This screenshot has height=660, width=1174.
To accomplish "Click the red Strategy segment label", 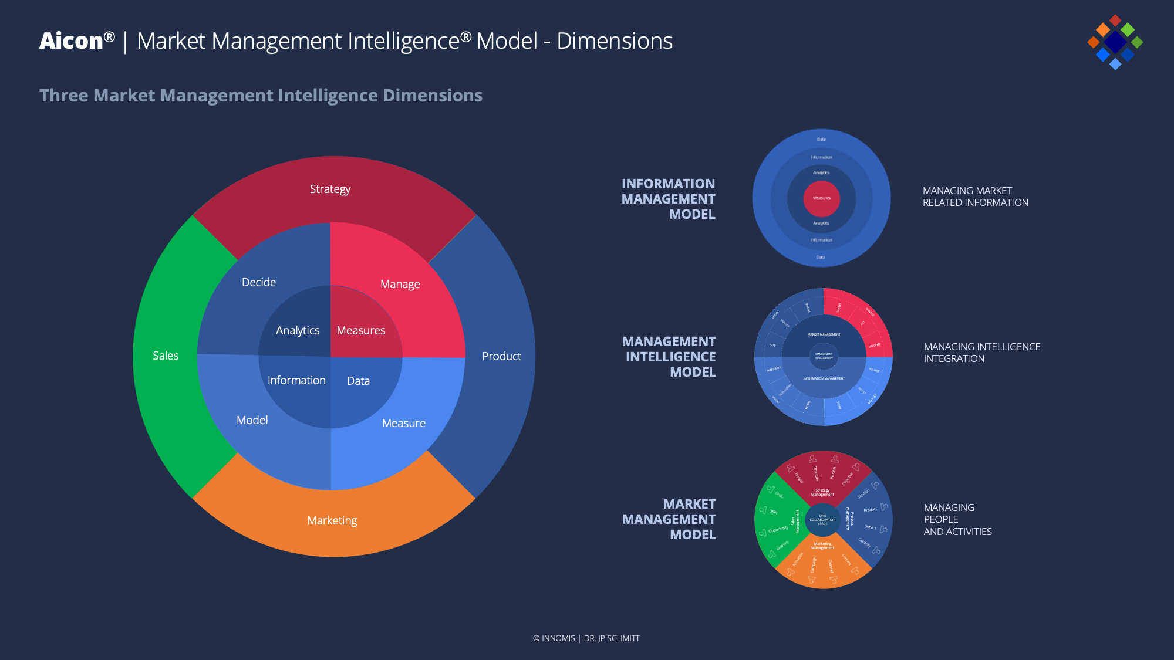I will pos(330,189).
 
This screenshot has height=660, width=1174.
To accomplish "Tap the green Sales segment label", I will pos(166,356).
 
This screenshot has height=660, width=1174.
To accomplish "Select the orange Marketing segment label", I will pos(332,520).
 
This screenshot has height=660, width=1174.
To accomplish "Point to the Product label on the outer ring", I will pos(501,356).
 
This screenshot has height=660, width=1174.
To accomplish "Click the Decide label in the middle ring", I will pos(259,282).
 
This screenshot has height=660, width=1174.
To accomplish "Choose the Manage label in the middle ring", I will pos(400,284).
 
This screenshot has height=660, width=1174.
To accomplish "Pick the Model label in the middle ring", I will pos(252,420).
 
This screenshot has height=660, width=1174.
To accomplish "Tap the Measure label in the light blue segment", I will pos(404,423).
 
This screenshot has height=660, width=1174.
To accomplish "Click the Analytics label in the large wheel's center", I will pos(298,330).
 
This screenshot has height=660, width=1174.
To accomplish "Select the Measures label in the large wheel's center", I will pos(361,330).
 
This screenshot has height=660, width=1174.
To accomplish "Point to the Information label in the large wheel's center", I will pos(296,380).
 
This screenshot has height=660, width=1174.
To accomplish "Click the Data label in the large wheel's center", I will pos(358,381).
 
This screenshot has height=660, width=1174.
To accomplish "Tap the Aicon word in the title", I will pos(72,41).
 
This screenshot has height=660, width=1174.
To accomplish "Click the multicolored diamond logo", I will pos(1115,42).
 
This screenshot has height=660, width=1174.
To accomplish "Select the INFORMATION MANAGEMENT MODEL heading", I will pos(669,199).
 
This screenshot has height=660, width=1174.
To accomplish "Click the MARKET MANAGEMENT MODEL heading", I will pos(669,519).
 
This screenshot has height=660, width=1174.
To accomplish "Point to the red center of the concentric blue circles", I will pos(822,198).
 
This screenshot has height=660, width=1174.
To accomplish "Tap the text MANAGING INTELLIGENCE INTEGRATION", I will pos(982,353).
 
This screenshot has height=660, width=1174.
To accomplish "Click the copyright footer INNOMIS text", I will pos(558,638).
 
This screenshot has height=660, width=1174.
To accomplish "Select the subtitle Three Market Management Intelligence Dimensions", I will pos(261,96).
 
